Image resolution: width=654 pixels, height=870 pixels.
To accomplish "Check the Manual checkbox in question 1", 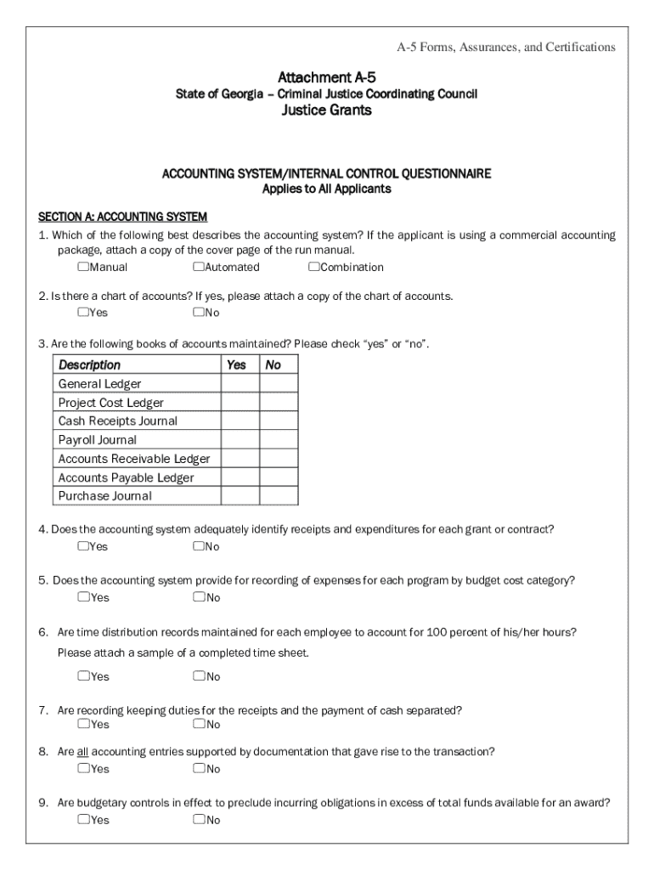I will coord(83,267).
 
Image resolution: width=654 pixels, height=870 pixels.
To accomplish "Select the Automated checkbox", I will coord(198,267).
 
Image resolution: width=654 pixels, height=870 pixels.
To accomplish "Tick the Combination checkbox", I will coord(313,267).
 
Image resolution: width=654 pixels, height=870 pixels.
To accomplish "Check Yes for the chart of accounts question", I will coord(83,312).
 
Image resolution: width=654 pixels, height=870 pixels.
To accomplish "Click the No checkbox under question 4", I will coord(198,545).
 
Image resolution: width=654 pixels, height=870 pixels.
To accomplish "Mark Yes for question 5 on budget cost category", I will coord(83,597).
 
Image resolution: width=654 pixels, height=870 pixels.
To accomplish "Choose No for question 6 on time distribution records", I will coord(198,676).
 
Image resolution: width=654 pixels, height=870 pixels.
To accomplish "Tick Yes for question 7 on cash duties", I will coord(83,724).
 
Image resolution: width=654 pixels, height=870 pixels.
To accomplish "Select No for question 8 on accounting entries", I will coord(198,769).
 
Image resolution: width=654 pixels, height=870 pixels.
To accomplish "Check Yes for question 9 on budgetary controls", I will coord(83,820).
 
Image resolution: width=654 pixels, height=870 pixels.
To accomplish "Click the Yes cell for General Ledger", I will coord(240,384).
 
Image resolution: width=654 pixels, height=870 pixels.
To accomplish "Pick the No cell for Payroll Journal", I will coord(279,440).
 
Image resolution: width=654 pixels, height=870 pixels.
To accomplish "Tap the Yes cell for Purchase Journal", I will coord(240,496).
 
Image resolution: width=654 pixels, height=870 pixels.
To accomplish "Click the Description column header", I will coord(89,364).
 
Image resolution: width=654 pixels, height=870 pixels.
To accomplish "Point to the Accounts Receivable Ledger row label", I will coord(134,459).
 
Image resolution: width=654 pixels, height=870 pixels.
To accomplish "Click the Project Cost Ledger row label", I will coord(111,403).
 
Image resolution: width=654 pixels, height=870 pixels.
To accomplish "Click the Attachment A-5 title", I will coord(327,77).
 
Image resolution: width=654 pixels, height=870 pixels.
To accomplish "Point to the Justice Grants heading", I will coord(327,110).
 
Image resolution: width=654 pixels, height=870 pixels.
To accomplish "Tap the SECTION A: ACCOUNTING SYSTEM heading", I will coord(123,216).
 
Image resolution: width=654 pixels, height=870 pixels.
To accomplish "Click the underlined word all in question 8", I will coord(82,752).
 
